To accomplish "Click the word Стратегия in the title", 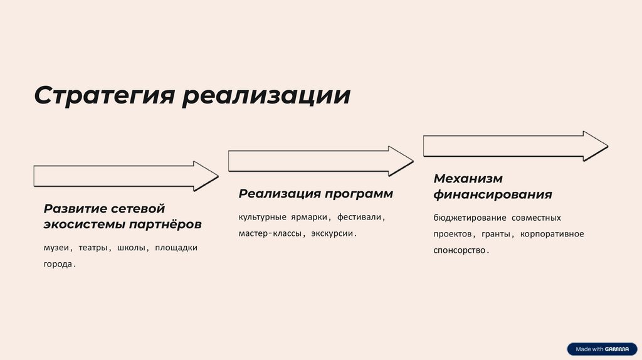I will (x=104, y=95).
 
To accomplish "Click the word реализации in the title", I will (x=266, y=95).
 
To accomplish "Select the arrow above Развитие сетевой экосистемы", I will (x=125, y=176).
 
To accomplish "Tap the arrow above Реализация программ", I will (x=320, y=161).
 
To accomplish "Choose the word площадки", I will (x=176, y=248).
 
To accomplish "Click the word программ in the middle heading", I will (x=358, y=194).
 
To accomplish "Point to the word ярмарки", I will (x=310, y=218).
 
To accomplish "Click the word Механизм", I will (x=468, y=179).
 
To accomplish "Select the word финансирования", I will (x=492, y=194).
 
